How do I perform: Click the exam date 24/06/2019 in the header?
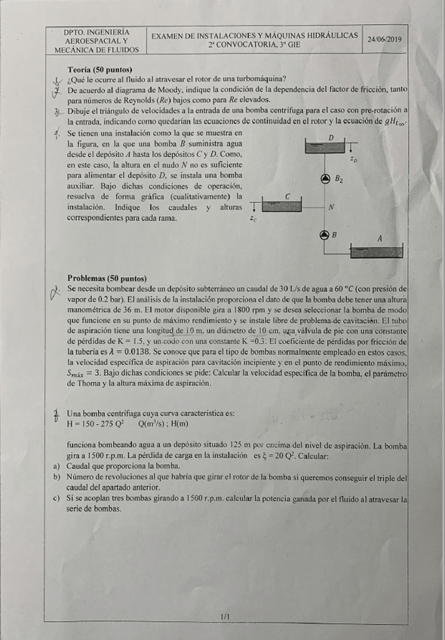coord(385,39)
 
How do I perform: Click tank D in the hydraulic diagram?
coord(330,146)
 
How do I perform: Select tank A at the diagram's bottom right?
coord(376,250)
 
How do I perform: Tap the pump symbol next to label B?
coord(325,235)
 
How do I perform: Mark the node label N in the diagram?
coord(332,206)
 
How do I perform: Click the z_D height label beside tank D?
coord(354,160)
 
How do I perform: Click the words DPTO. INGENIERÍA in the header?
coord(97,32)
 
